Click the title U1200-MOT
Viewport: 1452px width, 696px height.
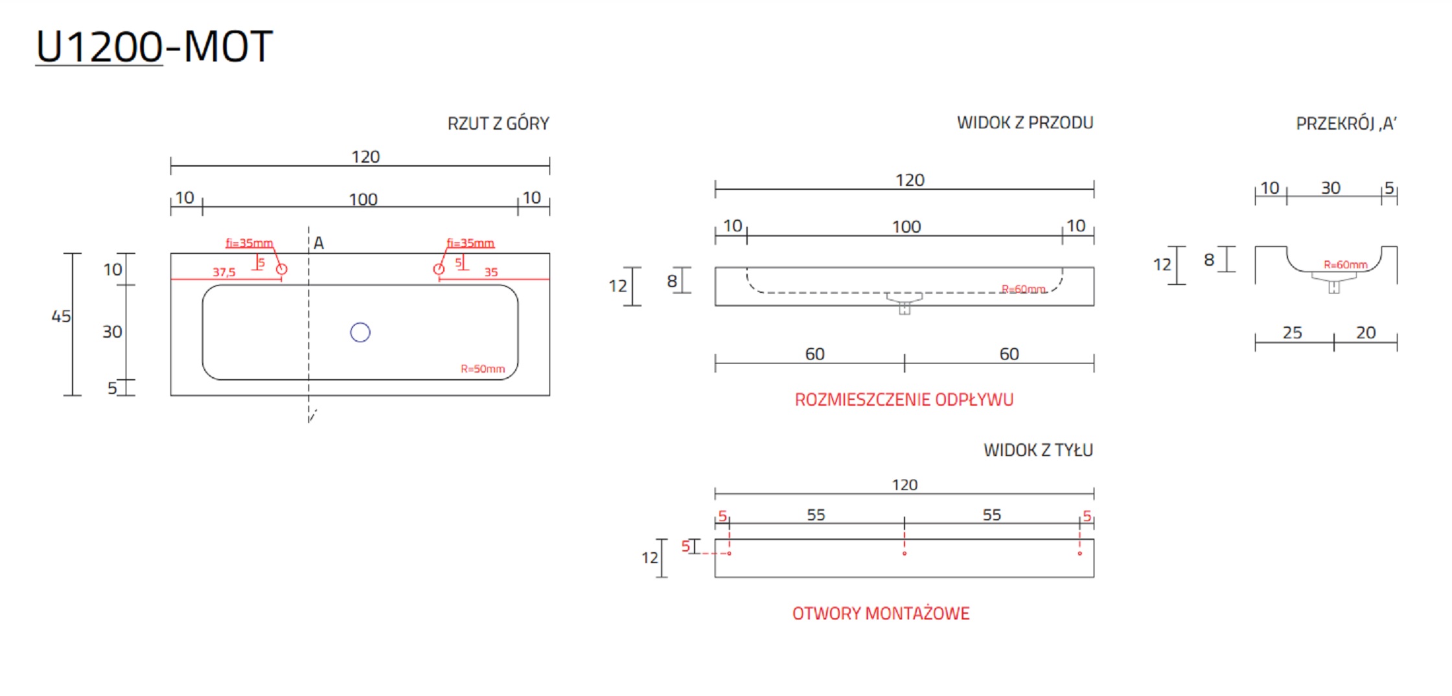tap(154, 47)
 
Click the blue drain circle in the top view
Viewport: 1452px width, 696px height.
tap(360, 332)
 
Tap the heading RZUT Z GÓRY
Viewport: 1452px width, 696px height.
tap(498, 123)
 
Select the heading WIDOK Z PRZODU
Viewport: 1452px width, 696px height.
tap(1024, 122)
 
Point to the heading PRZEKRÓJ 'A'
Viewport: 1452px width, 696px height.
tap(1346, 123)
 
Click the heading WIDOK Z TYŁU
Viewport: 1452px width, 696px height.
tap(1037, 450)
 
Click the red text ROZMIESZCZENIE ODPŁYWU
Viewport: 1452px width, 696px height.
tap(904, 399)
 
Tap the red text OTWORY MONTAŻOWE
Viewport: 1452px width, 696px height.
tap(881, 613)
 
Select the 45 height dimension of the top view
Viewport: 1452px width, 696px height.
tap(61, 316)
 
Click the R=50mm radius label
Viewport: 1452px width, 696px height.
tap(483, 369)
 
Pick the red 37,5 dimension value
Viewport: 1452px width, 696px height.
tap(224, 272)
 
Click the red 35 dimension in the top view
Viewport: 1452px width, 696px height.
tap(491, 272)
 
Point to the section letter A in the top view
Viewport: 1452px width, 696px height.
tap(319, 243)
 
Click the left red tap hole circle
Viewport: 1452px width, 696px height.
tap(281, 269)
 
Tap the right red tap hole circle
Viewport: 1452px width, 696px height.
tap(439, 269)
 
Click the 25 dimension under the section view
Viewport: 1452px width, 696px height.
tap(1292, 332)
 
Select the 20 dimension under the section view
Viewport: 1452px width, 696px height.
tap(1366, 332)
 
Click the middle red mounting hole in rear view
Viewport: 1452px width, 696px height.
tap(905, 553)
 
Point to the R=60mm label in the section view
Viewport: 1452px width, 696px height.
tap(1345, 264)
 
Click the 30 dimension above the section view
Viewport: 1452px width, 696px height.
tap(1331, 188)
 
